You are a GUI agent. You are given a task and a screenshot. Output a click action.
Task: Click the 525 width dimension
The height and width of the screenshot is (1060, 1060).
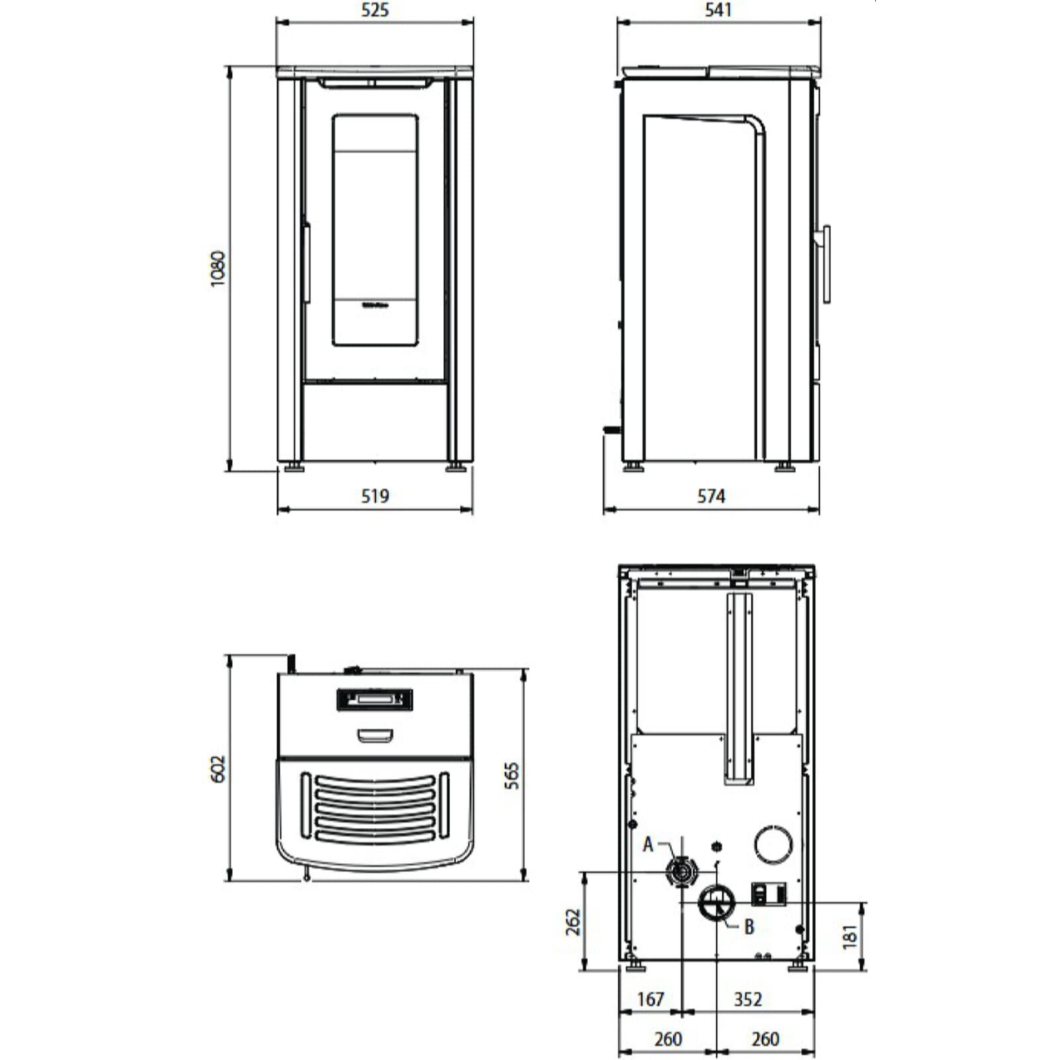(x=375, y=10)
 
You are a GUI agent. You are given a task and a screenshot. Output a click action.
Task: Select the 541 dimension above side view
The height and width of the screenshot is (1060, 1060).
(x=718, y=10)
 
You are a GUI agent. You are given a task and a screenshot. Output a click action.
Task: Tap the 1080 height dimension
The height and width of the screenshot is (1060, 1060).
(x=218, y=268)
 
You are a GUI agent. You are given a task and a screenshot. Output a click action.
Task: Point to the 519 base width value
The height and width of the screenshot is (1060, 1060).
(x=375, y=496)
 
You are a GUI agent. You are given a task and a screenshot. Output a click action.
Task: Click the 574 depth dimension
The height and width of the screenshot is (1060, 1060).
(x=711, y=496)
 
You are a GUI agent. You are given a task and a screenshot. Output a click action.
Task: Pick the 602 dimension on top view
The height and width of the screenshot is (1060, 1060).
(x=218, y=768)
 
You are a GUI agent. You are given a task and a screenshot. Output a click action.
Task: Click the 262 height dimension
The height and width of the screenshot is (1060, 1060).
(x=573, y=922)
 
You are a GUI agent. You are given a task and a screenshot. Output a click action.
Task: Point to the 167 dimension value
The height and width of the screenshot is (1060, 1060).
(x=650, y=999)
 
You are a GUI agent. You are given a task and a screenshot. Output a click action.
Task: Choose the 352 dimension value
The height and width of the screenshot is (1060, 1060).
(x=748, y=999)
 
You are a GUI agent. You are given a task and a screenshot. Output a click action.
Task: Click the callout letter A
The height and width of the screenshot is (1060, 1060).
(x=648, y=845)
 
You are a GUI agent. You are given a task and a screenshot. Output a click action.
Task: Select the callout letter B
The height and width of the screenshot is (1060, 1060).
(x=749, y=926)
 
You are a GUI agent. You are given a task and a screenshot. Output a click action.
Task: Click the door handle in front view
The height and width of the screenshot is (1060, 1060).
(x=307, y=263)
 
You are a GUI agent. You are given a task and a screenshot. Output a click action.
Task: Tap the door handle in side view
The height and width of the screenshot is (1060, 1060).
(x=826, y=264)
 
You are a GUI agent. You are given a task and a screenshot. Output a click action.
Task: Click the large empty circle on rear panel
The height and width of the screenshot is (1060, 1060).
(x=773, y=845)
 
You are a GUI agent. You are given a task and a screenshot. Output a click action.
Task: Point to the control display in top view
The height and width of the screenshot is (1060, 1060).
(x=375, y=699)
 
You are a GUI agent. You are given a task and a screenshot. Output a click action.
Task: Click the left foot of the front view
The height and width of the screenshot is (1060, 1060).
(x=292, y=467)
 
